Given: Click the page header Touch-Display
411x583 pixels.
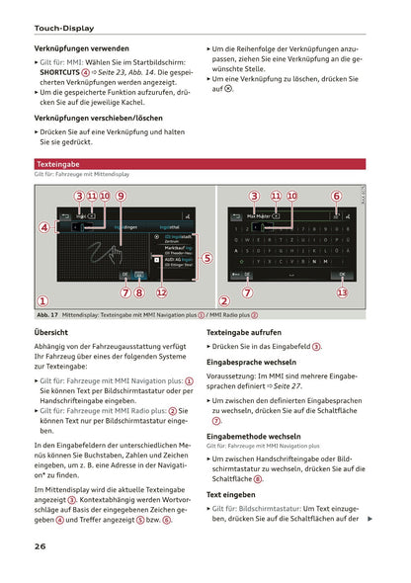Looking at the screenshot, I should pyautogui.click(x=65, y=29).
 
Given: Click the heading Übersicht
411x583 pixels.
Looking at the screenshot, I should pyautogui.click(x=51, y=333).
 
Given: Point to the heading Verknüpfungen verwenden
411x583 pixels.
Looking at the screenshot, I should pyautogui.click(x=81, y=47).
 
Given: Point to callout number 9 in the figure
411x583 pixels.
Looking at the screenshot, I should pyautogui.click(x=120, y=197).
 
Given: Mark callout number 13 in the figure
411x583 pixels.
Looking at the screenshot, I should pyautogui.click(x=342, y=292).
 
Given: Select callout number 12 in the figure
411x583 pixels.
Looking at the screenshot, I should pyautogui.click(x=161, y=292).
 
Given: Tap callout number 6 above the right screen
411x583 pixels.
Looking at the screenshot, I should pyautogui.click(x=336, y=197).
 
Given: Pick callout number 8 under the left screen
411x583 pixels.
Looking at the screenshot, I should pyautogui.click(x=139, y=292).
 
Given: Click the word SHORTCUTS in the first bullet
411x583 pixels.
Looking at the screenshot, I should pyautogui.click(x=60, y=72).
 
